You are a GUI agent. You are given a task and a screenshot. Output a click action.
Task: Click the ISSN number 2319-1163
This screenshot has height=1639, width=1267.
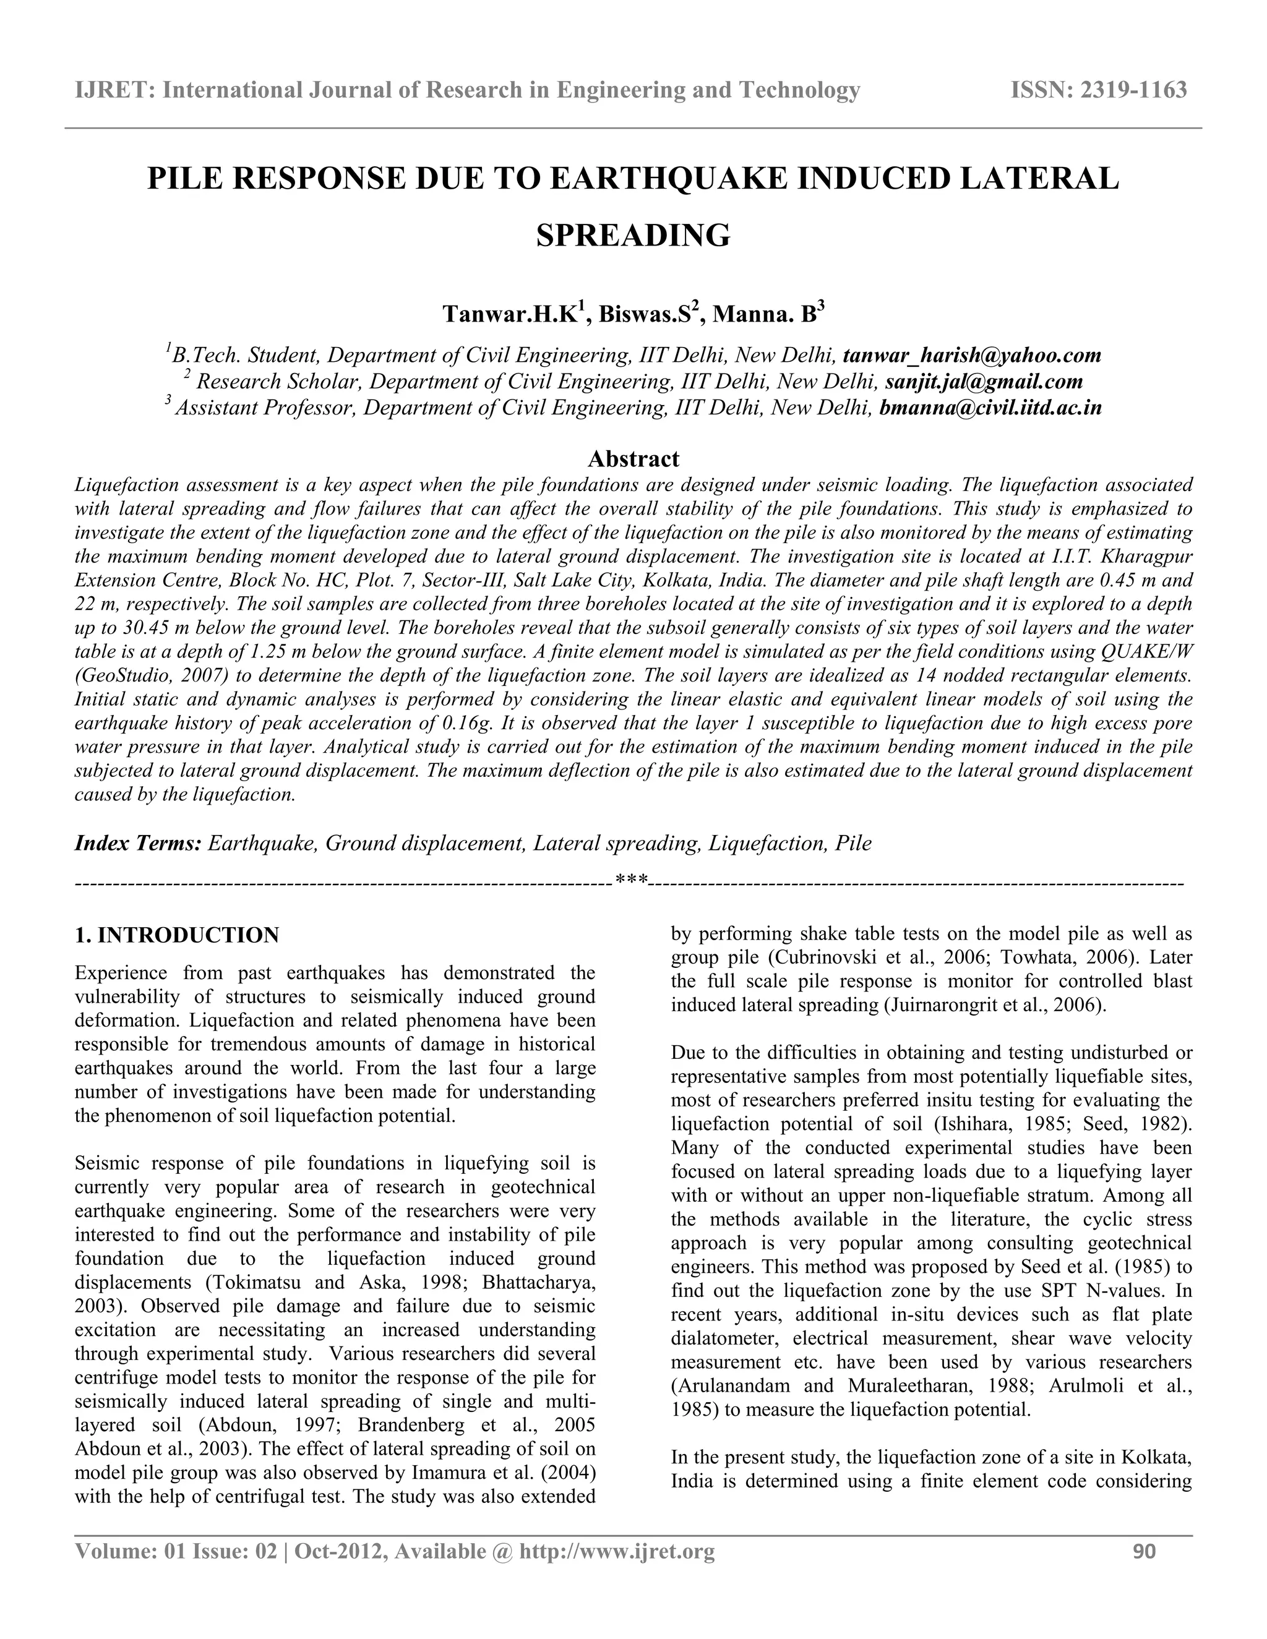point(1133,90)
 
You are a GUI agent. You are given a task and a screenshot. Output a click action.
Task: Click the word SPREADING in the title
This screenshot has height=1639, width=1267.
point(633,236)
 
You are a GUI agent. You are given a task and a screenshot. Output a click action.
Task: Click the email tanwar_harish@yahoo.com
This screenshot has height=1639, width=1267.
point(971,355)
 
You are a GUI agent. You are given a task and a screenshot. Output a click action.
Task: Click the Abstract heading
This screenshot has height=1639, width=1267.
point(633,458)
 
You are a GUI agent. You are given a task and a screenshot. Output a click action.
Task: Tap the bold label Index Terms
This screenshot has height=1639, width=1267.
point(138,844)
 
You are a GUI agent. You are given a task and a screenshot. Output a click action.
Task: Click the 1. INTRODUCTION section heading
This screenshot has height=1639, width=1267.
point(177,935)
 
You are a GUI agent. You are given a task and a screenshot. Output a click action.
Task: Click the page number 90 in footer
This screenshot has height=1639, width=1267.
point(1144,1551)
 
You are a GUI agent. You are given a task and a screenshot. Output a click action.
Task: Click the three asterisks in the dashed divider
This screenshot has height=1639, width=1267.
point(631,880)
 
